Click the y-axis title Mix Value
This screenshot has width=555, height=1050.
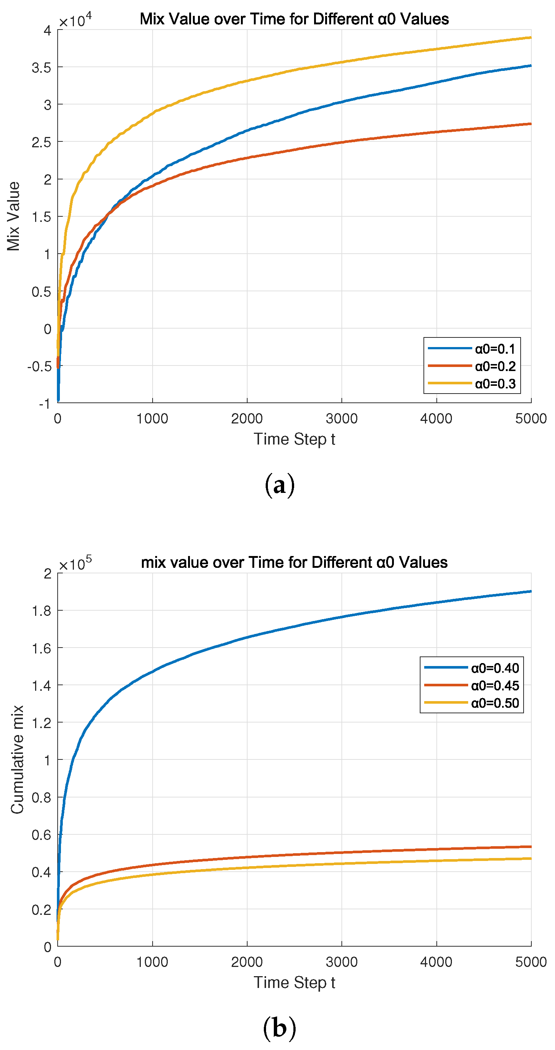[x=13, y=216]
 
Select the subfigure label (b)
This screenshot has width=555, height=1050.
[x=280, y=1027]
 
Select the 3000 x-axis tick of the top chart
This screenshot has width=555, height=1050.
[x=341, y=419]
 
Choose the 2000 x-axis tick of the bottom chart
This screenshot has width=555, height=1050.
[x=247, y=962]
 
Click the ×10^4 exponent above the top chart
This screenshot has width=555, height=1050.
[x=75, y=20]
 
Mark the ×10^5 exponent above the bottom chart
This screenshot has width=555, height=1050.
[x=75, y=564]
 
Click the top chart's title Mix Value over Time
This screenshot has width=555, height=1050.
[x=294, y=19]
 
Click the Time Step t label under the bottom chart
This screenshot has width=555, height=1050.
[x=294, y=982]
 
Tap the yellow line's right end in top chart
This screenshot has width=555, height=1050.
[x=530, y=38]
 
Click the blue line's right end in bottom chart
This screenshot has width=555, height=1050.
[x=530, y=591]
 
